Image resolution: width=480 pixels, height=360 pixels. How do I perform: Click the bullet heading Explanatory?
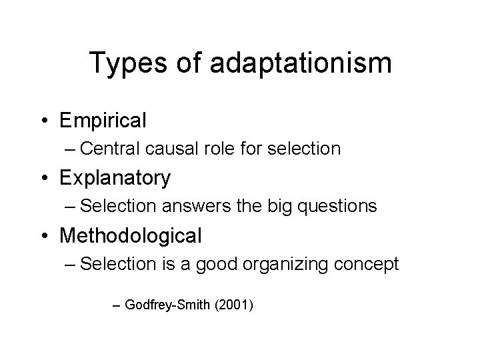115,178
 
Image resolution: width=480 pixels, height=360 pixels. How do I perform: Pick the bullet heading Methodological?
130,235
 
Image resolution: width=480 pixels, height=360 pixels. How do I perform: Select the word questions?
337,207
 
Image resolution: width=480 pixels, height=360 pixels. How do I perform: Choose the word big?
281,207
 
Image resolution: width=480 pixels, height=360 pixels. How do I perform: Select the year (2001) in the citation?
233,306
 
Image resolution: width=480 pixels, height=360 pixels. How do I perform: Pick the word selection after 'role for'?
305,149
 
